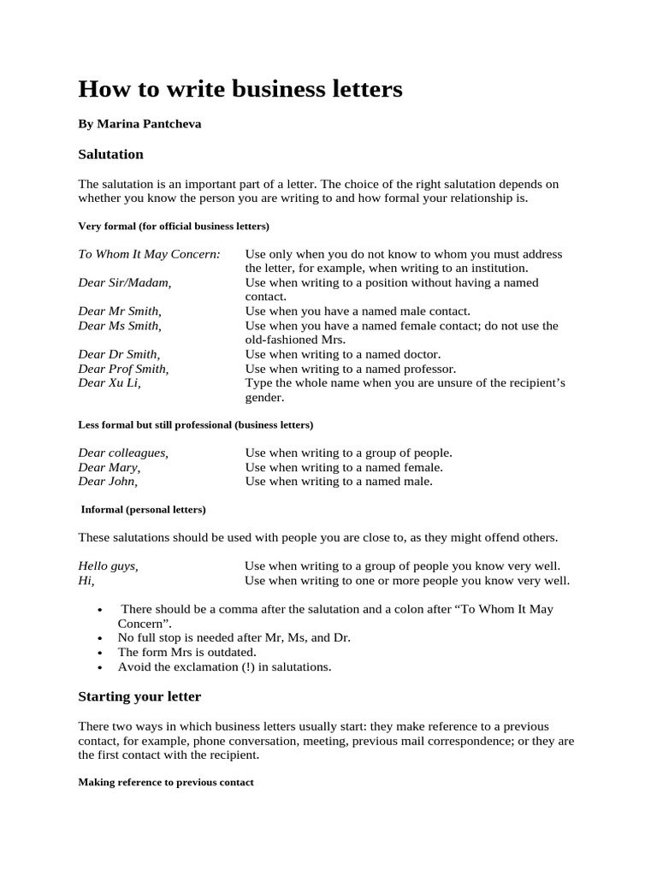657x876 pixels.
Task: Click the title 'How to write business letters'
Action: [x=240, y=88]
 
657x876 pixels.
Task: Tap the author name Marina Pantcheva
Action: [x=139, y=124]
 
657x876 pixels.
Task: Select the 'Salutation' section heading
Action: [x=110, y=155]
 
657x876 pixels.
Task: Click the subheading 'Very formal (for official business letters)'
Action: [x=174, y=226]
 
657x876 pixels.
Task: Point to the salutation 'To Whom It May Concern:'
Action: [x=149, y=254]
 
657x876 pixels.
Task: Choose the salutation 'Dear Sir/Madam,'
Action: [x=125, y=282]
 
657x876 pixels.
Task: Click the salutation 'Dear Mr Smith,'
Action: [x=120, y=311]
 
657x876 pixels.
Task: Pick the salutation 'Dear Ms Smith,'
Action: [x=120, y=325]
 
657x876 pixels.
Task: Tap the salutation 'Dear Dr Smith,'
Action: [x=119, y=354]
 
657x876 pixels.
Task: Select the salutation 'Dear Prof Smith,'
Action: [x=123, y=369]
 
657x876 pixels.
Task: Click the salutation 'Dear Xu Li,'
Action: [x=109, y=382]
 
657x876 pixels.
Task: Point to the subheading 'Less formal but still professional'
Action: [x=195, y=424]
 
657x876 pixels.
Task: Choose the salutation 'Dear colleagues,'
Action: [x=123, y=453]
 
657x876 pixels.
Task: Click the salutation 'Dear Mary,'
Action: [x=109, y=467]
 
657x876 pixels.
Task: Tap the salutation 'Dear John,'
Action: [x=109, y=481]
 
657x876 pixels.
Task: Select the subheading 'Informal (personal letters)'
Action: [x=143, y=509]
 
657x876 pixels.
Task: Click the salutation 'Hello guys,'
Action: [x=108, y=566]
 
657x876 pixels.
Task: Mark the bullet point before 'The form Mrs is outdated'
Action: [x=101, y=653]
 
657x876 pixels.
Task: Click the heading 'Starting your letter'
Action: [x=139, y=696]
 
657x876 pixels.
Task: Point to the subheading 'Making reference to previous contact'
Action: [x=166, y=782]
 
